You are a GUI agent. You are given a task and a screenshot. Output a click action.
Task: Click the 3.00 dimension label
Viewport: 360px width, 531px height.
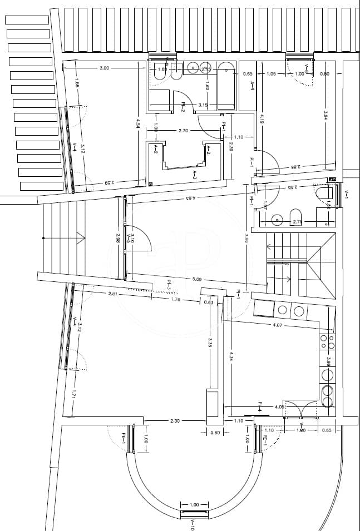(x=104, y=68)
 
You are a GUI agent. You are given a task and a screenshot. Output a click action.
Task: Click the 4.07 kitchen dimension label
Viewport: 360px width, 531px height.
(x=278, y=325)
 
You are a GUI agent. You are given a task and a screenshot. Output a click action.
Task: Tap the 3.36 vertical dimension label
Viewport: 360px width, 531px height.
(x=210, y=344)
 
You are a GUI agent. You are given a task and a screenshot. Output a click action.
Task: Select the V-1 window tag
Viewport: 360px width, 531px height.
(x=346, y=194)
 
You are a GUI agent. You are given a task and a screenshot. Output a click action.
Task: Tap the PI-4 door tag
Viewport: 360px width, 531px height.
(x=260, y=406)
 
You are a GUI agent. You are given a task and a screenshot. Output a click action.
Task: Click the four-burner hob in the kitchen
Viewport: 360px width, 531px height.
(x=327, y=342)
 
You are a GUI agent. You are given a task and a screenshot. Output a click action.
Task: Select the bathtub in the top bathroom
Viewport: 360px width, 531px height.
(x=226, y=86)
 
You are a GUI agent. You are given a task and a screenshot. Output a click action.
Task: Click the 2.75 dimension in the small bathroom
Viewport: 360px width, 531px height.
(x=297, y=222)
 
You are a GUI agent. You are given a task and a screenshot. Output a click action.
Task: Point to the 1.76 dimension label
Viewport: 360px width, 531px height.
(x=175, y=300)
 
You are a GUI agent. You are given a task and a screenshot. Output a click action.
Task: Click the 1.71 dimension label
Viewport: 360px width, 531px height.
(x=73, y=395)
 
